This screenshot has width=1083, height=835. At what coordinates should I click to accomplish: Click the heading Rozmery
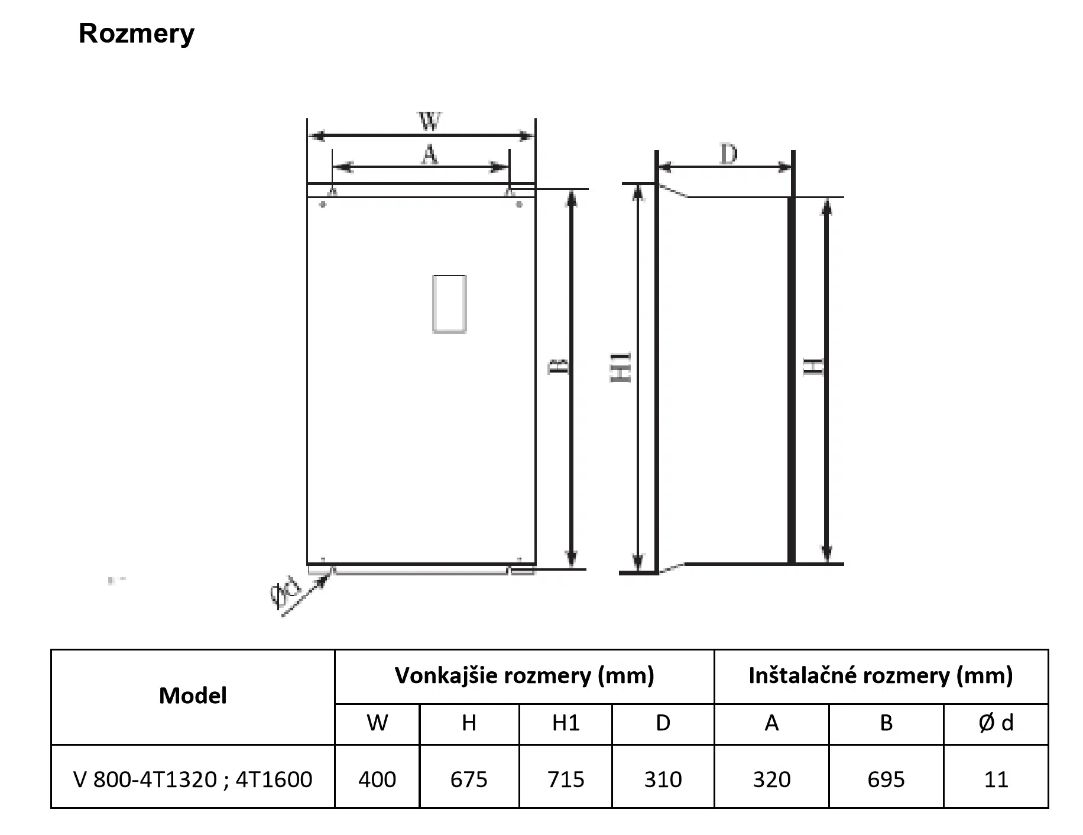pos(136,34)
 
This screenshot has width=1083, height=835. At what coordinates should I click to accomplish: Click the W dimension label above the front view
pos(430,121)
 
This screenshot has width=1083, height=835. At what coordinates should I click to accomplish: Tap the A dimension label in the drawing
pos(430,155)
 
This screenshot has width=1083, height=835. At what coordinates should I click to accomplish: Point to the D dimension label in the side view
pos(728,154)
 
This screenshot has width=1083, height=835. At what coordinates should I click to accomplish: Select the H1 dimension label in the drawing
pos(621,367)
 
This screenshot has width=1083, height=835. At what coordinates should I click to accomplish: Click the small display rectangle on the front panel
pos(449,304)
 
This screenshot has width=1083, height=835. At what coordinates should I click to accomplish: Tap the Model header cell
pos(193,696)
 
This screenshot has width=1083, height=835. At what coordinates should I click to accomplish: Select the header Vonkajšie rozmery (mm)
pos(524,675)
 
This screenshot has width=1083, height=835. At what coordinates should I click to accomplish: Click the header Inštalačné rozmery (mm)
pos(881,675)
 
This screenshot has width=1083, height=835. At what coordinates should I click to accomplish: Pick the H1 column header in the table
pos(566,723)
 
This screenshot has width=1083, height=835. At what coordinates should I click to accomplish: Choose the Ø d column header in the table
pos(996,723)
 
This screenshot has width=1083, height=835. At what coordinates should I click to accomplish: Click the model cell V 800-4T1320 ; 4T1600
pos(193,779)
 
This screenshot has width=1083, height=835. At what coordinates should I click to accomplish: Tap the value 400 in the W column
pos(377,779)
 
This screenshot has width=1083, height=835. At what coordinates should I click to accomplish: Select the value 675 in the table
pos(469,779)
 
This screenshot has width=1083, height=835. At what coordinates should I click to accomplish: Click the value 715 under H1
pos(566,779)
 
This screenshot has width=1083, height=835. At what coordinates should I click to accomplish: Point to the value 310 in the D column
pos(663,779)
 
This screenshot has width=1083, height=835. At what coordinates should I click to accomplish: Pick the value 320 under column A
pos(771,779)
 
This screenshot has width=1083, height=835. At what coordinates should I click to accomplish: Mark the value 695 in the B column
pos(886,779)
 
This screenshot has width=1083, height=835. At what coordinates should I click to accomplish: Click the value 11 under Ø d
pos(996,779)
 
